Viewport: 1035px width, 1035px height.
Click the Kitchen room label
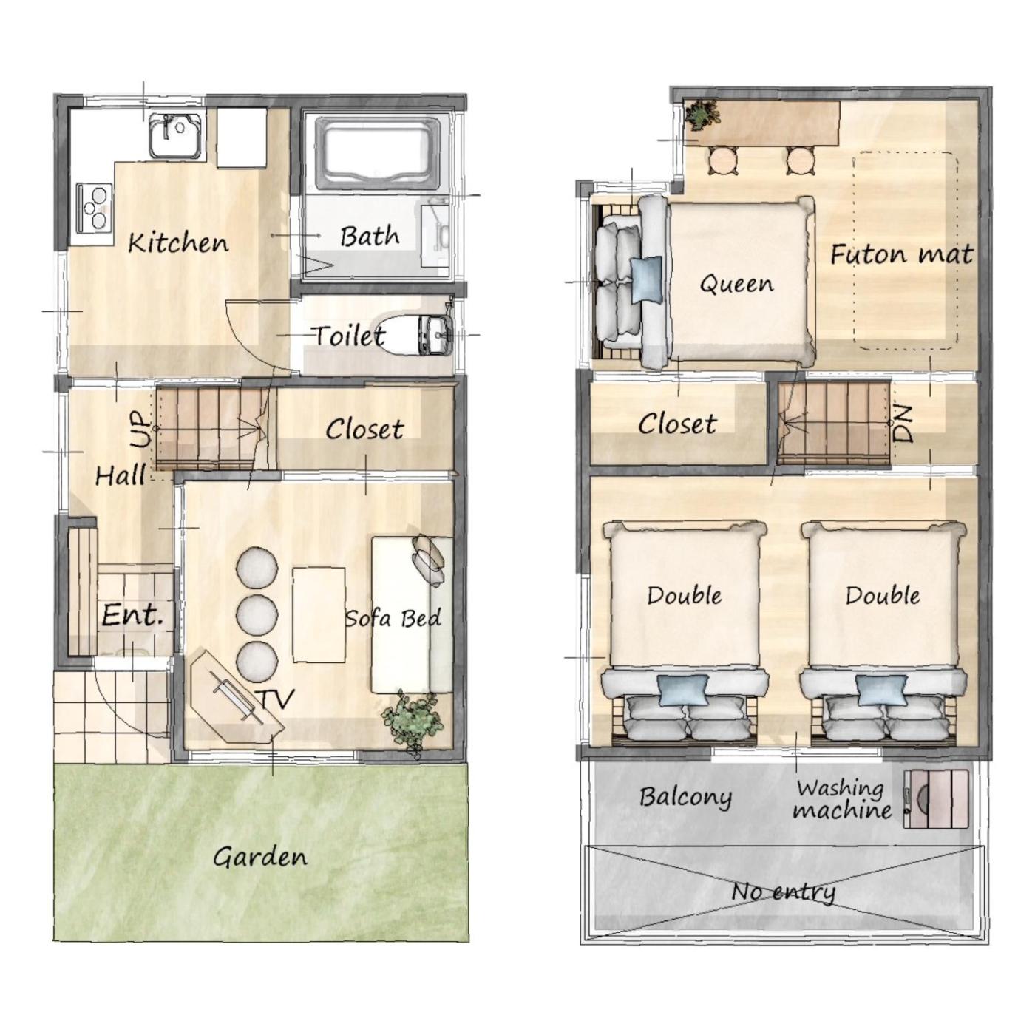(x=178, y=242)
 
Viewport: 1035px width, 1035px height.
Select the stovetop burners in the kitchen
(x=95, y=208)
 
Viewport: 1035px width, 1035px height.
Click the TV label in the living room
(x=278, y=698)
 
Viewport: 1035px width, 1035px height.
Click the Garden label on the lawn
(x=260, y=857)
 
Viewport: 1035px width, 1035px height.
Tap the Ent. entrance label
(x=132, y=615)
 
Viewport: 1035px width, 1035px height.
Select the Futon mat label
(x=902, y=254)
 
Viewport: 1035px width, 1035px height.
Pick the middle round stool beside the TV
(x=257, y=614)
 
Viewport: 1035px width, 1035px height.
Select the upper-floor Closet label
(x=677, y=424)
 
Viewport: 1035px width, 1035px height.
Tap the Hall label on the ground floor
(x=121, y=475)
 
